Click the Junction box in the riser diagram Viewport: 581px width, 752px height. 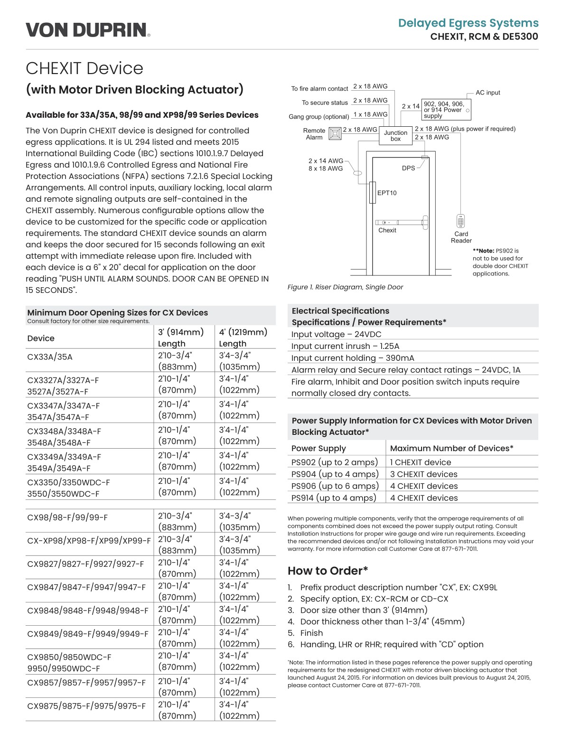pyautogui.click(x=395, y=136)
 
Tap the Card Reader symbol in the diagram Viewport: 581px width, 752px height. pyautogui.click(x=460, y=221)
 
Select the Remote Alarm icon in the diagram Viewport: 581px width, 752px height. pyautogui.click(x=335, y=133)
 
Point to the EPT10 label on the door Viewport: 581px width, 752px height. pyautogui.click(x=387, y=193)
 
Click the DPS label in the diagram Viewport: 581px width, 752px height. pyautogui.click(x=408, y=168)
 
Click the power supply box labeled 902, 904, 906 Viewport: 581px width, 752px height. pyautogui.click(x=445, y=110)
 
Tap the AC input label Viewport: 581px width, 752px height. pyautogui.click(x=487, y=93)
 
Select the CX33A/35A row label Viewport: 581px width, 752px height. pyautogui.click(x=50, y=357)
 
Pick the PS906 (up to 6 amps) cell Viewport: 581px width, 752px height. pyautogui.click(x=335, y=486)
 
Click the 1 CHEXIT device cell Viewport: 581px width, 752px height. pyautogui.click(x=421, y=462)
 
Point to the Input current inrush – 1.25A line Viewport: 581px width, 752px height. pyautogui.click(x=345, y=346)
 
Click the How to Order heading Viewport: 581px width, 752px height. pyautogui.click(x=328, y=571)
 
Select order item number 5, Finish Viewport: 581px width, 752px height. pyautogui.click(x=311, y=633)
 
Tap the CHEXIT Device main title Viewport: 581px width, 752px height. pyautogui.click(x=84, y=68)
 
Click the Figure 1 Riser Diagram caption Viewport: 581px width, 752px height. pyautogui.click(x=345, y=287)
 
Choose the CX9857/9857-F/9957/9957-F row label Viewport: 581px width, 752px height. pyautogui.click(x=86, y=682)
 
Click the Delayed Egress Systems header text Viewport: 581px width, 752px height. pyautogui.click(x=468, y=23)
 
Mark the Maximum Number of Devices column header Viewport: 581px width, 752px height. pyautogui.click(x=451, y=448)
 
